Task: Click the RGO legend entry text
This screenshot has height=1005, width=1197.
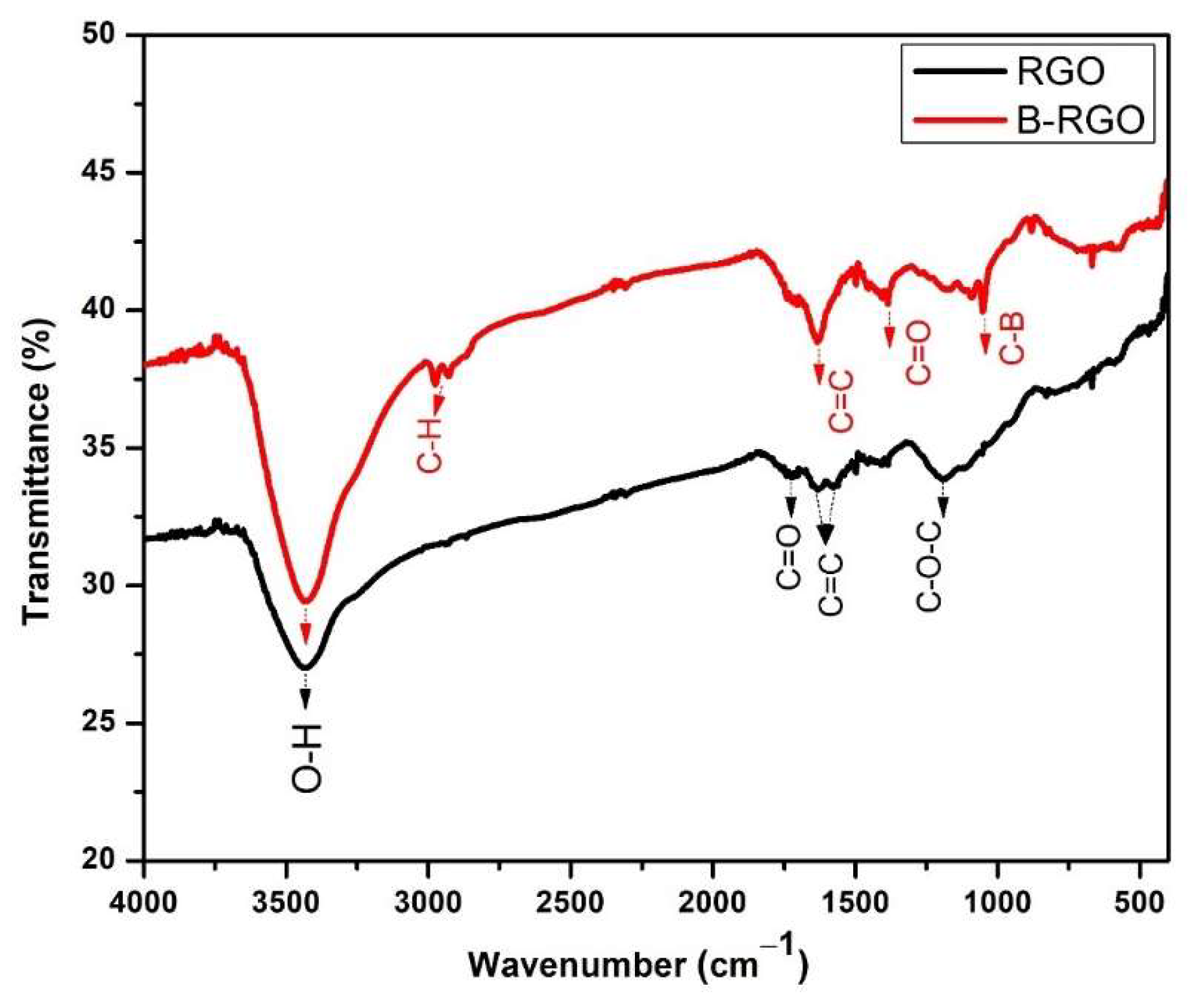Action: [1060, 72]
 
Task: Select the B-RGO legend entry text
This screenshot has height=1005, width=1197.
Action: [1080, 120]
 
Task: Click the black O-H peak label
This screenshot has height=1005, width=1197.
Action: [307, 758]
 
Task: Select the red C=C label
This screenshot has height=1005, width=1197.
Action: [841, 401]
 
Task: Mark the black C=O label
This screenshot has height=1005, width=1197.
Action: [789, 557]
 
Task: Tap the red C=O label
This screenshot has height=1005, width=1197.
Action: [918, 353]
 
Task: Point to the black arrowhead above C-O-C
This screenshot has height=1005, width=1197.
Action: [943, 506]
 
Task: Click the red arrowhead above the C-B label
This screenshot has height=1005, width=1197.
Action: [985, 345]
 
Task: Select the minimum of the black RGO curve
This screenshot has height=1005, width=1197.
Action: [305, 668]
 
